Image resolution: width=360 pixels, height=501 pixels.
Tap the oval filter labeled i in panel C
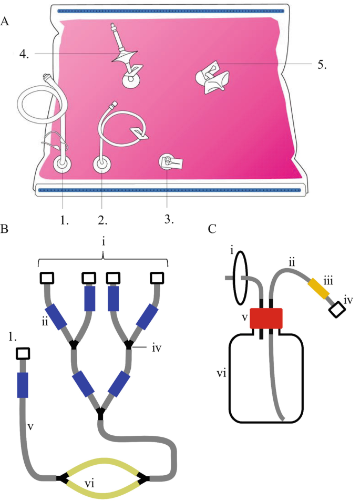240,277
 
